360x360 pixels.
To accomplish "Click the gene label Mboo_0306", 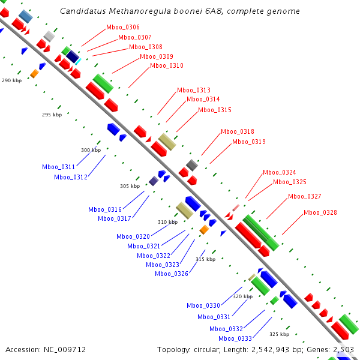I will [123, 28].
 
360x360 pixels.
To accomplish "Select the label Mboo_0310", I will [167, 66].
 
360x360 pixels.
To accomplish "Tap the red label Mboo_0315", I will [215, 110].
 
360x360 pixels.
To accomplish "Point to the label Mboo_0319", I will [249, 142].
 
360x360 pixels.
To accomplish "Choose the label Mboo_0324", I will [280, 173].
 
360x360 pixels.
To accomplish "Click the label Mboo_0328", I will [320, 213].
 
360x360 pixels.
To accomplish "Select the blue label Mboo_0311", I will [59, 167].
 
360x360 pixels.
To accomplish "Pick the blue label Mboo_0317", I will [115, 219].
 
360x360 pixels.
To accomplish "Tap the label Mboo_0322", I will [154, 256].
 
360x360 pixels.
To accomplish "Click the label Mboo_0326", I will [172, 274].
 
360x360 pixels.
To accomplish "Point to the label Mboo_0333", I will [231, 338].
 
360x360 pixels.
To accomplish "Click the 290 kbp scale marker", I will [11, 80].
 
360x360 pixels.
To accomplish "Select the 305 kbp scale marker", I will [130, 187].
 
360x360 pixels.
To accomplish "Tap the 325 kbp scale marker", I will [279, 335].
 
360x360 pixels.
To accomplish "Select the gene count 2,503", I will [343, 349].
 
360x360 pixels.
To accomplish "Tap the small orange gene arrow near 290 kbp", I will [34, 73].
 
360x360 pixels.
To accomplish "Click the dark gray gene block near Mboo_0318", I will [192, 165].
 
